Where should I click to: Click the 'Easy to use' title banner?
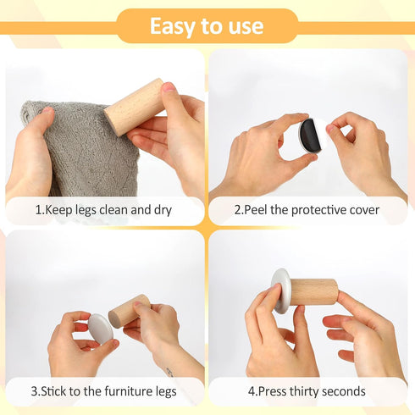207,26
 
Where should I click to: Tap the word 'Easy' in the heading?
172,26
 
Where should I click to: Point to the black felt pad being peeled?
308,135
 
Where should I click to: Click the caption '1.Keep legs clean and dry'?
103,209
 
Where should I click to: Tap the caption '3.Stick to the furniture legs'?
103,391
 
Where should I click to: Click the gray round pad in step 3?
100,329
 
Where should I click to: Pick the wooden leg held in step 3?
128,311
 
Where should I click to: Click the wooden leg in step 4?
313,292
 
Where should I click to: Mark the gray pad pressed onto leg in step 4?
280,290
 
